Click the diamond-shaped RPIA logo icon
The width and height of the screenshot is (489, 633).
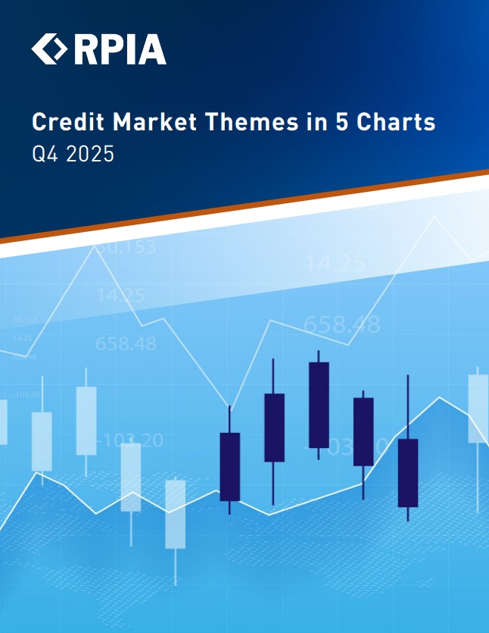(50, 49)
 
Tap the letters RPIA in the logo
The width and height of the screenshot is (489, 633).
(120, 49)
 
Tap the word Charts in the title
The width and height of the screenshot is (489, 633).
(396, 121)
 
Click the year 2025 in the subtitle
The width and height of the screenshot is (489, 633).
(89, 155)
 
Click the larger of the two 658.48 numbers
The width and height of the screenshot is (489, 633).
(341, 324)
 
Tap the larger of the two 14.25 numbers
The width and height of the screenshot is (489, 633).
(335, 264)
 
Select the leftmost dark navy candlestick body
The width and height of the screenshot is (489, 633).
(229, 466)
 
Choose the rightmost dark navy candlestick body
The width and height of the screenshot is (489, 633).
(408, 472)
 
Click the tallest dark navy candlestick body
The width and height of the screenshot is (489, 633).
(319, 405)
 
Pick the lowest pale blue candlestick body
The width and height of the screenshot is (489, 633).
(176, 513)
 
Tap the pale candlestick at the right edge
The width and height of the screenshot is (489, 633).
(478, 409)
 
